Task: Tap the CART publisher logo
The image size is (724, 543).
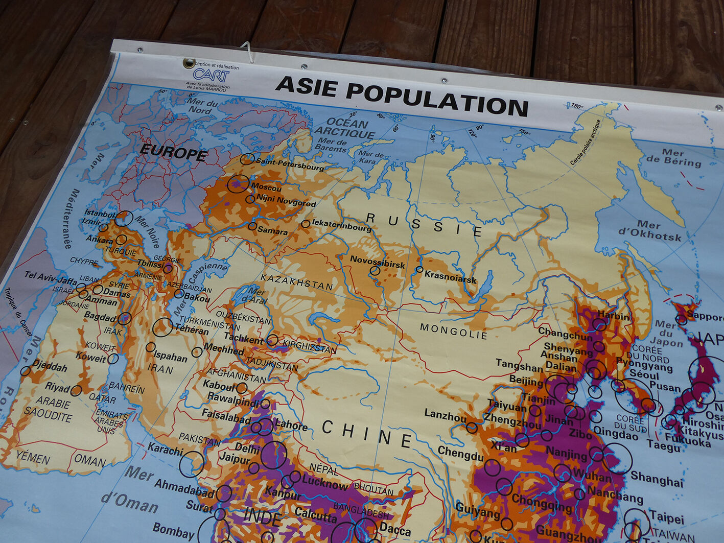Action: pyautogui.click(x=211, y=76)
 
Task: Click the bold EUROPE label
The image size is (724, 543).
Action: pyautogui.click(x=173, y=152)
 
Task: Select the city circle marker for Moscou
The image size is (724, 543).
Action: pyautogui.click(x=238, y=183)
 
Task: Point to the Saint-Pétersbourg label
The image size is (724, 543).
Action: pyautogui.click(x=290, y=164)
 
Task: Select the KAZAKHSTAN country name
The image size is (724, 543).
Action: pyautogui.click(x=296, y=281)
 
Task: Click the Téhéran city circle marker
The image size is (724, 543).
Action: pyautogui.click(x=162, y=327)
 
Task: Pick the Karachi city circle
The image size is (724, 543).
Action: pyautogui.click(x=191, y=464)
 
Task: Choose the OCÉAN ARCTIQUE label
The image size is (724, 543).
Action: pyautogui.click(x=344, y=128)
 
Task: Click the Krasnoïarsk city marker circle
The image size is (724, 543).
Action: pyautogui.click(x=419, y=269)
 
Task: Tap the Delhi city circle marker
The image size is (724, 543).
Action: pyautogui.click(x=273, y=455)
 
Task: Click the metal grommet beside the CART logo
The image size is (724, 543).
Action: pyautogui.click(x=189, y=63)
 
